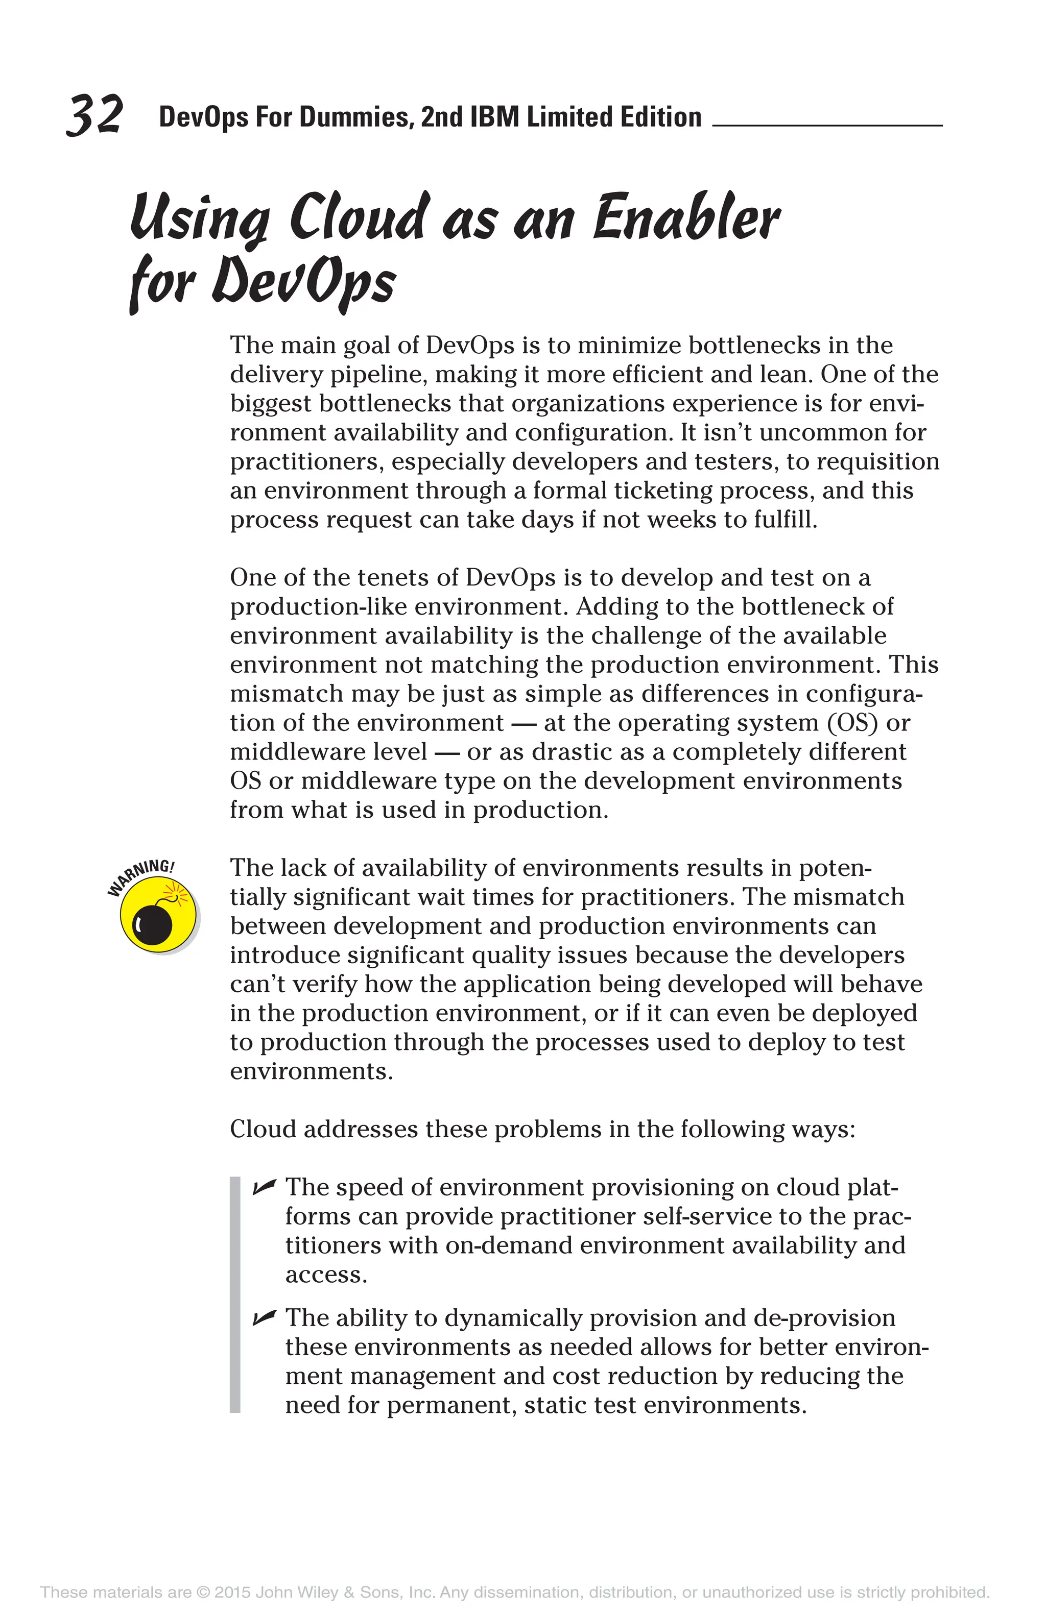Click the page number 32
click(95, 115)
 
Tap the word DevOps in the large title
click(303, 282)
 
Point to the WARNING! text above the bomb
click(140, 877)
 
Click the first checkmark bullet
click(264, 1187)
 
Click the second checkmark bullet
click(264, 1318)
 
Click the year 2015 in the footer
click(232, 1592)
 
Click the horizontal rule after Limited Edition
click(827, 126)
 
